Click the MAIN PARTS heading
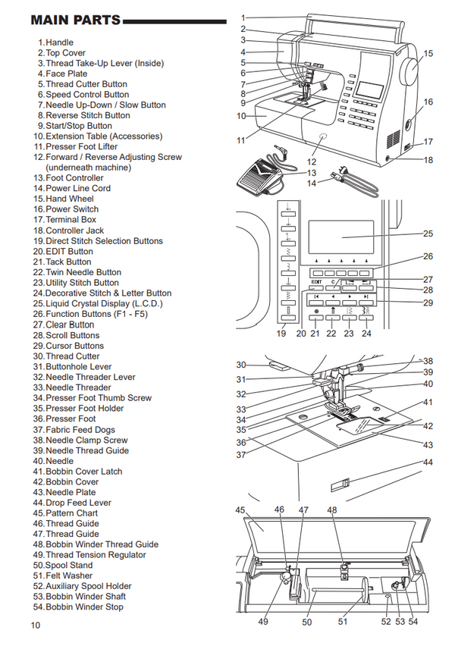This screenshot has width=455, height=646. [76, 20]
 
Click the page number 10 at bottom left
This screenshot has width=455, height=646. [35, 626]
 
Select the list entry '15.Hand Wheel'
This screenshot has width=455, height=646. [64, 199]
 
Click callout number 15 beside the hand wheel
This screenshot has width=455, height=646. [428, 54]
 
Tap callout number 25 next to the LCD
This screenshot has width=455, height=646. [428, 234]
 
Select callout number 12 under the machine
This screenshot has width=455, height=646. [312, 161]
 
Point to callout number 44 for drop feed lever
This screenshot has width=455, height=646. [428, 462]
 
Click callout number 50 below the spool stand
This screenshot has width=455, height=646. [307, 622]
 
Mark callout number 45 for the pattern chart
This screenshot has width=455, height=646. [240, 510]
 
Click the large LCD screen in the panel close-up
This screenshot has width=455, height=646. [341, 236]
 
